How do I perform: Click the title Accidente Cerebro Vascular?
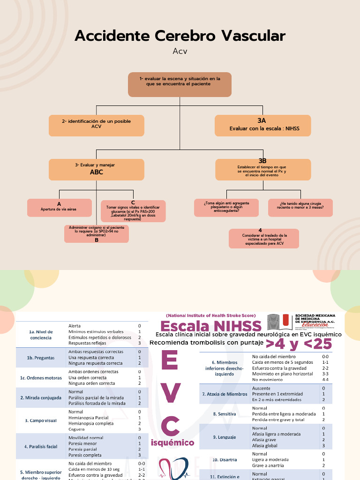[180, 36]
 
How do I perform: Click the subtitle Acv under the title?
[180, 51]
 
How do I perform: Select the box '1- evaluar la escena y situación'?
[180, 84]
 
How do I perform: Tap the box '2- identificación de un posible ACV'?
[96, 126]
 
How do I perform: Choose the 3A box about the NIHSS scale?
[262, 126]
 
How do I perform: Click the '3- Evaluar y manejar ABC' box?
[96, 169]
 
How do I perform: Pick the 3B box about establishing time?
[262, 169]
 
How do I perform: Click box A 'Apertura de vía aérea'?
[59, 207]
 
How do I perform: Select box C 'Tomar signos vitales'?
[133, 210]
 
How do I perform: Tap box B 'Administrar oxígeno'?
[96, 233]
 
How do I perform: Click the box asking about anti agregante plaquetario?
[226, 207]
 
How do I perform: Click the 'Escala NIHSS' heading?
[211, 326]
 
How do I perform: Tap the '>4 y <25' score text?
[299, 344]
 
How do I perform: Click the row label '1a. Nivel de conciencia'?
[41, 334]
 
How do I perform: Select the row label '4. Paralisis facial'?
[41, 446]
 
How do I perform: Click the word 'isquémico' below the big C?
[172, 443]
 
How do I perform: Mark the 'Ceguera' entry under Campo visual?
[77, 429]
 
